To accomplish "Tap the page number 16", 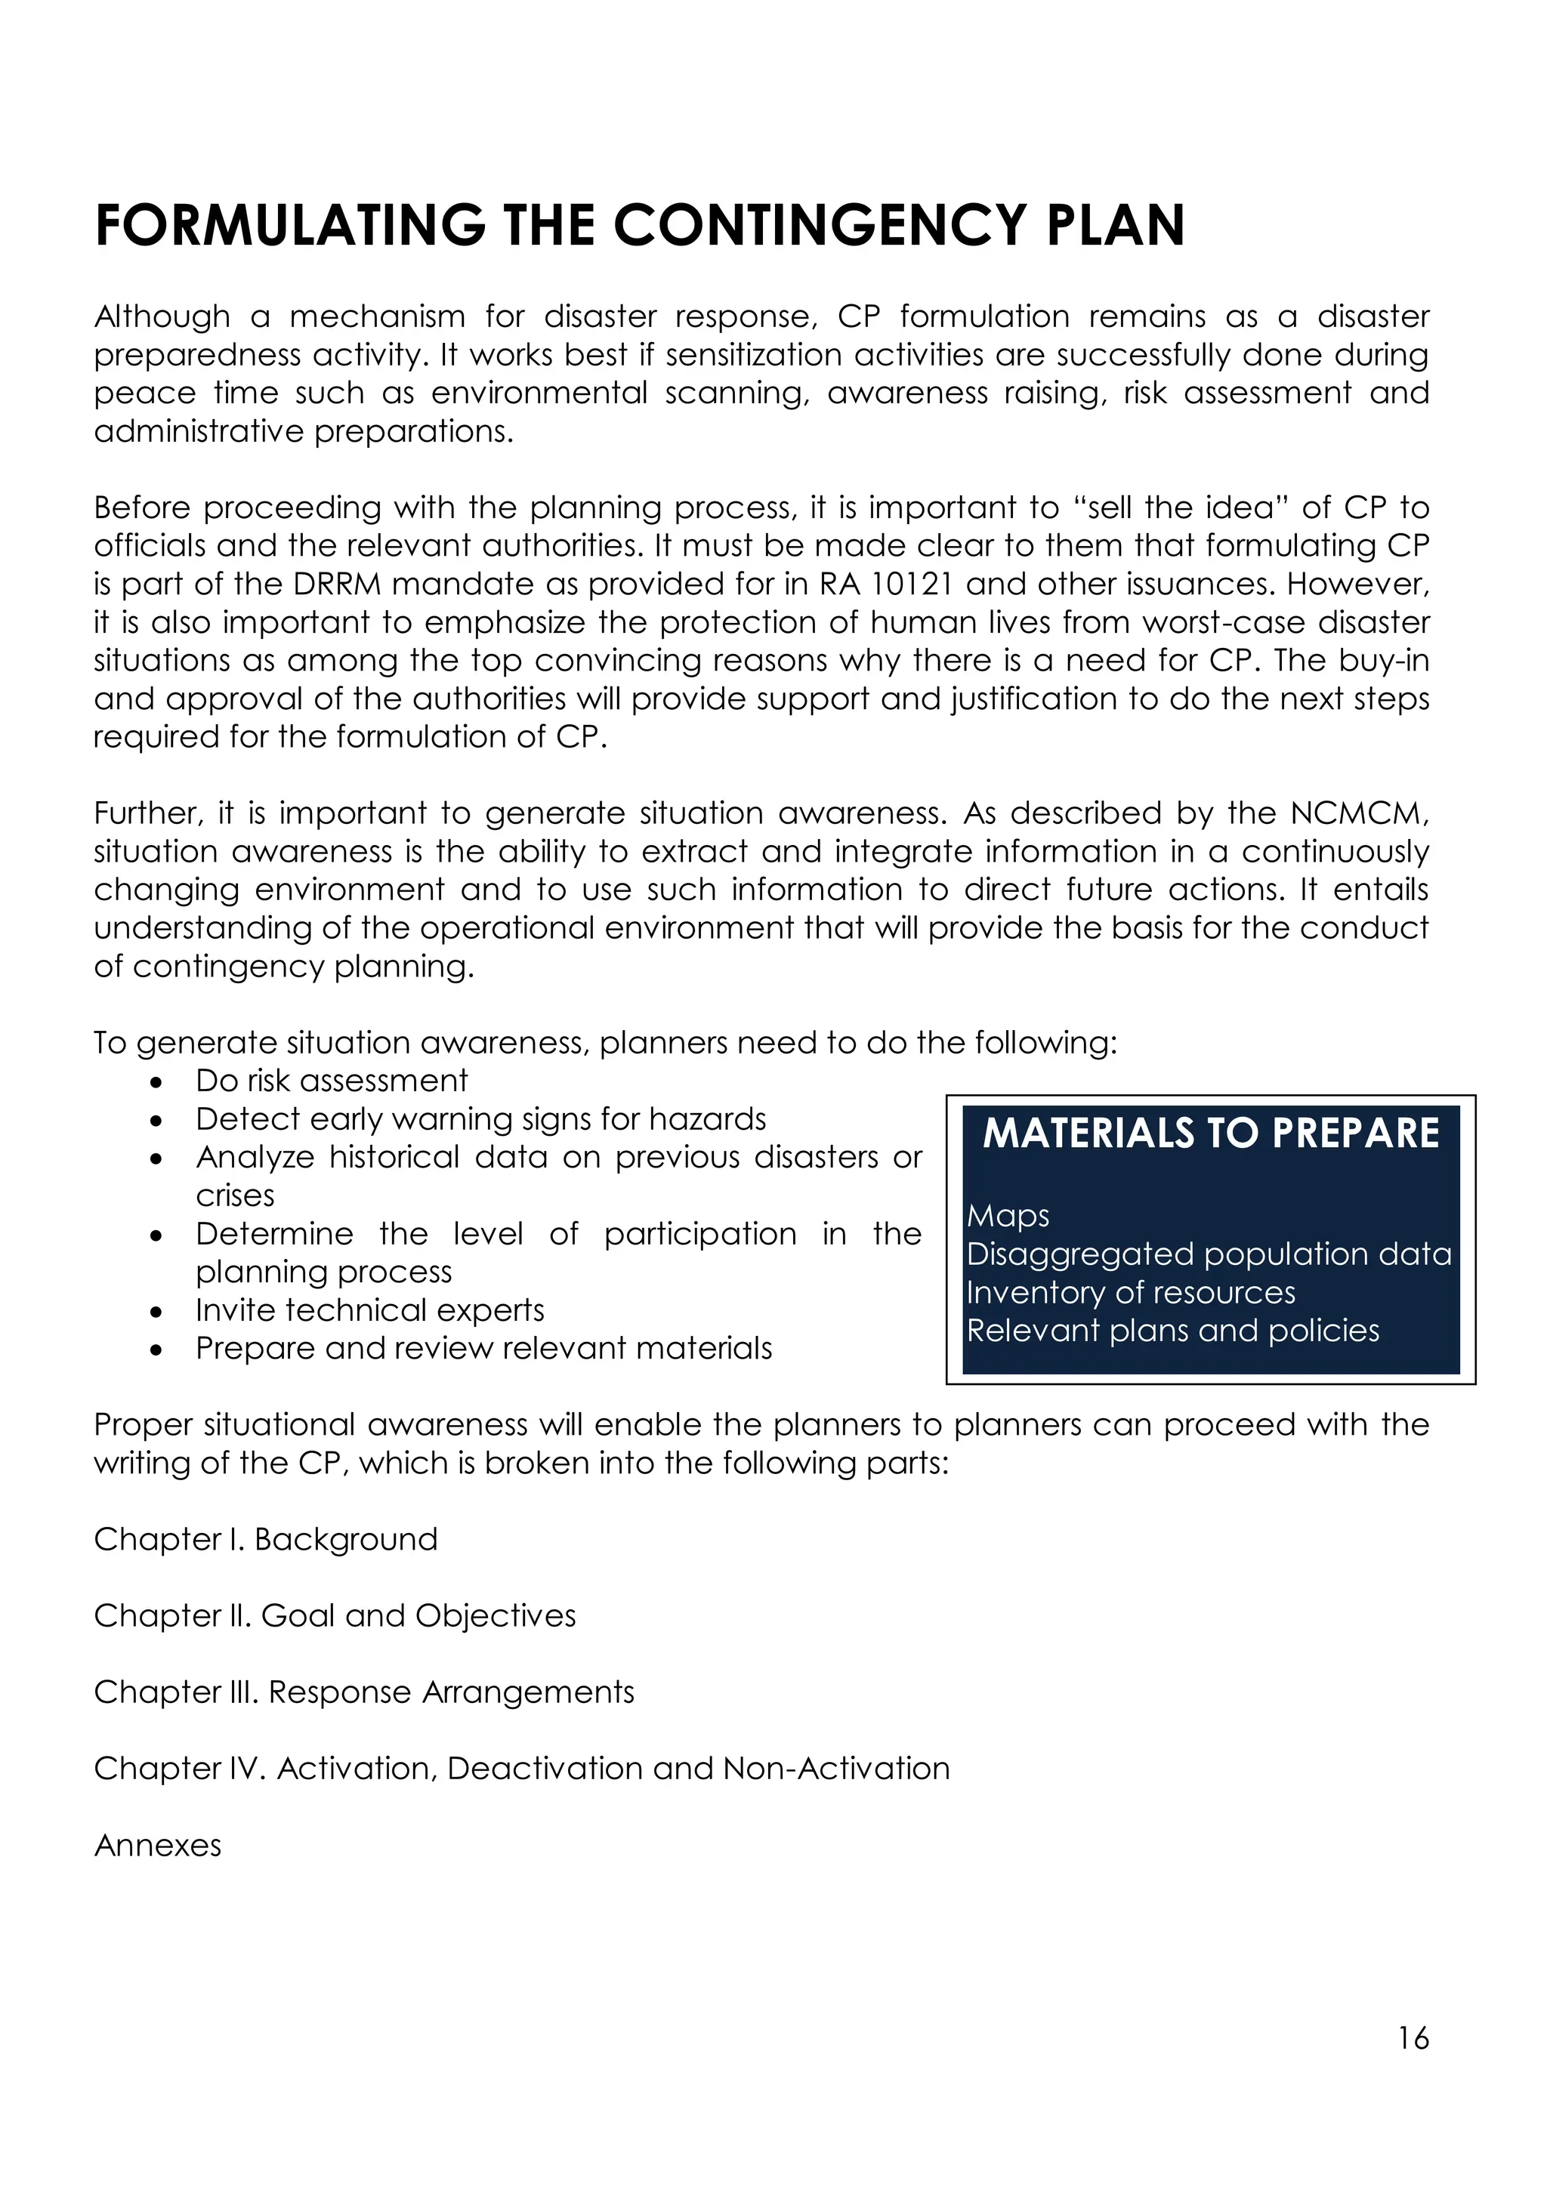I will click(1413, 2038).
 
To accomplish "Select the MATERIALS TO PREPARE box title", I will click(1211, 1134).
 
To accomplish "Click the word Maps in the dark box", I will click(1008, 1217).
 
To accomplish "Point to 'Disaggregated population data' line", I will click(1209, 1254).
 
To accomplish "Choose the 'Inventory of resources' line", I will click(1131, 1293).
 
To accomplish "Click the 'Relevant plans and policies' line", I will click(1172, 1331).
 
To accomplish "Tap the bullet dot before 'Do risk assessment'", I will click(156, 1083).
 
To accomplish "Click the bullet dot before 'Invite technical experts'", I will click(156, 1313).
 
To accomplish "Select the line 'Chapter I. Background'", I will click(266, 1539).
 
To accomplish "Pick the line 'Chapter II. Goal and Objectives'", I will click(335, 1615).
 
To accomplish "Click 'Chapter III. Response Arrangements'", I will click(364, 1692).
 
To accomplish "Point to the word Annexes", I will click(157, 1845).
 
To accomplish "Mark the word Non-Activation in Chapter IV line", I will click(836, 1768).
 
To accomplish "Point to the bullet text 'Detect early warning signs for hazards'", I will click(481, 1119).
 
